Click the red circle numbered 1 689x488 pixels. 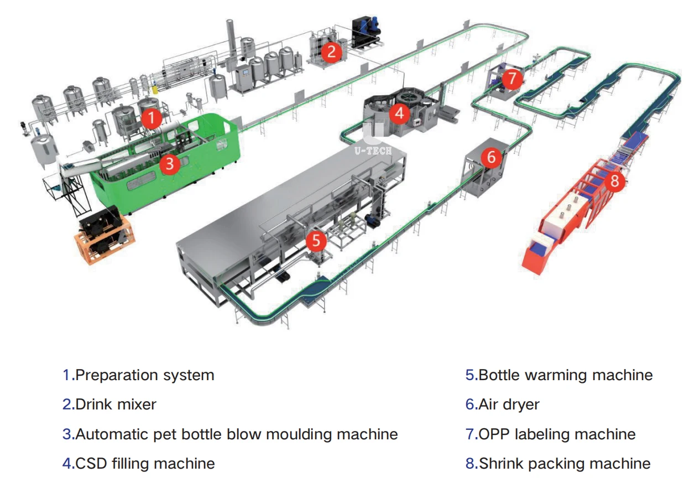tap(151, 117)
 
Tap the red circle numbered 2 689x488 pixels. tap(332, 51)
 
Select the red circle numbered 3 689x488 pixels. tap(170, 163)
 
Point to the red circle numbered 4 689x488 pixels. tap(399, 114)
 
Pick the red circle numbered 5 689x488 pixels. tap(316, 240)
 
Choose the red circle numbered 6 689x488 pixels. tap(491, 157)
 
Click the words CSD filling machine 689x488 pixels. tap(145, 463)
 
